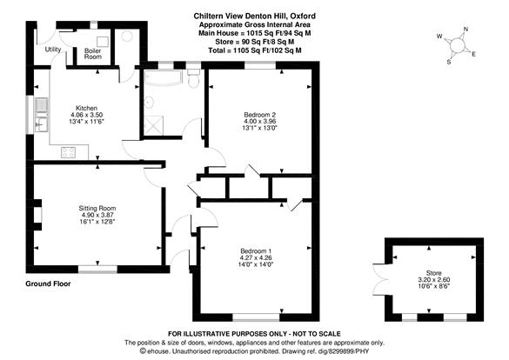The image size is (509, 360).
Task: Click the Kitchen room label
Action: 86,108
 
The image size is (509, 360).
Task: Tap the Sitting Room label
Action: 97,208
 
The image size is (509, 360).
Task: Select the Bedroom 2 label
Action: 259,115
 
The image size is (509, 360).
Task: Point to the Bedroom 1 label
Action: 256,251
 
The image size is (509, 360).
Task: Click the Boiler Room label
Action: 93,54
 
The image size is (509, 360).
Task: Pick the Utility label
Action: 53,50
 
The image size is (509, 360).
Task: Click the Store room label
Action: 433,273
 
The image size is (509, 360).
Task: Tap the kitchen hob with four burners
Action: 68,152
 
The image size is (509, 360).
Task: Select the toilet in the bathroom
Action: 193,78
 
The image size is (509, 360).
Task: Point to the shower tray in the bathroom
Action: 153,125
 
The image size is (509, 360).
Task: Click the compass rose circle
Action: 457,44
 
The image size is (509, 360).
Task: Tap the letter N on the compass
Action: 466,30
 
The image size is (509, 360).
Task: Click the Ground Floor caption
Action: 48,283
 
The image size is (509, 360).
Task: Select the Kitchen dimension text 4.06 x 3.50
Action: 86,115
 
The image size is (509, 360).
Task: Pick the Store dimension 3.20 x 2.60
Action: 433,280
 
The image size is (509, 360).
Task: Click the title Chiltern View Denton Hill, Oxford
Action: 254,16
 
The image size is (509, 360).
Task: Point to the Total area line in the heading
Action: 254,50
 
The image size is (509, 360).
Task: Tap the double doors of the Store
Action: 379,280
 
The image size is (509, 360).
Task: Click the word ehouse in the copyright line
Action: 158,351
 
